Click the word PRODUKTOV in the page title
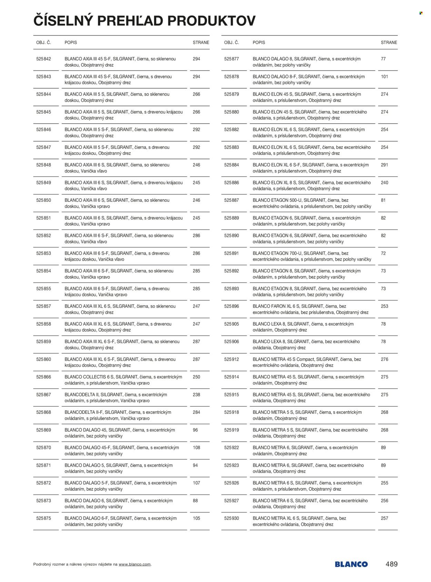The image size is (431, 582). (x=211, y=21)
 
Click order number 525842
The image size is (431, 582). (x=43, y=59)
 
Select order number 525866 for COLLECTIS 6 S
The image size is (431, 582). (x=43, y=377)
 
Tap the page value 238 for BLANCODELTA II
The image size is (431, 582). (x=196, y=394)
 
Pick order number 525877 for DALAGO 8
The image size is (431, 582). (x=231, y=59)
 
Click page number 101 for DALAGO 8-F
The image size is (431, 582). (x=384, y=77)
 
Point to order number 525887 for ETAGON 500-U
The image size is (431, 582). (x=231, y=200)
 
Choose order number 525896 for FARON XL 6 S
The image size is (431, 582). (x=231, y=306)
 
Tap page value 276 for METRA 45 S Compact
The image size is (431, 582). (x=384, y=359)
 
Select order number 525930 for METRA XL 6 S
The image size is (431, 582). (x=231, y=518)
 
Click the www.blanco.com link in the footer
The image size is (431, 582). (x=134, y=564)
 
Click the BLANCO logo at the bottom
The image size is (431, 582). (x=351, y=564)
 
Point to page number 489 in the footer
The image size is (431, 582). (x=391, y=564)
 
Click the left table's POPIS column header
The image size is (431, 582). (x=71, y=42)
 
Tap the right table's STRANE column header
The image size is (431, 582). (x=389, y=42)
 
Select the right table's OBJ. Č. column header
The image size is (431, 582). (x=231, y=42)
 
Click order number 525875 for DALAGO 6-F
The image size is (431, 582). (x=43, y=518)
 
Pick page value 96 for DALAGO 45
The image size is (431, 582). (x=195, y=430)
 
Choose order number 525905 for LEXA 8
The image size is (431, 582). (x=231, y=324)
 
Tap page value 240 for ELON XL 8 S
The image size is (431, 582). (x=384, y=182)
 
